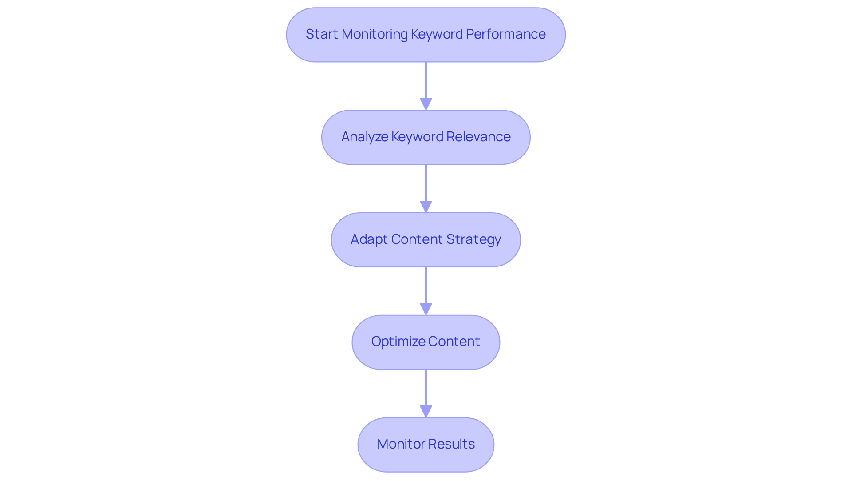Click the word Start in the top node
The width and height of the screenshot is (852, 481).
coord(322,34)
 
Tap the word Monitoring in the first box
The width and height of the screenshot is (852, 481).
coord(375,34)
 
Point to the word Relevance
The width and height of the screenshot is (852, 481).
coord(478,137)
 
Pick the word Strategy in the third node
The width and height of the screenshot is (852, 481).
coord(473,239)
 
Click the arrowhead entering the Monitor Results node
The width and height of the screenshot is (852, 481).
coord(426,412)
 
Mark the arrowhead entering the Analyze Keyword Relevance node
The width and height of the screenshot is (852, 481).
coord(426,104)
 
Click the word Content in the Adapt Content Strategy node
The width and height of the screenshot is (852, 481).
coord(417,239)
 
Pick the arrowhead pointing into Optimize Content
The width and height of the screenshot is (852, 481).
coord(426,309)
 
